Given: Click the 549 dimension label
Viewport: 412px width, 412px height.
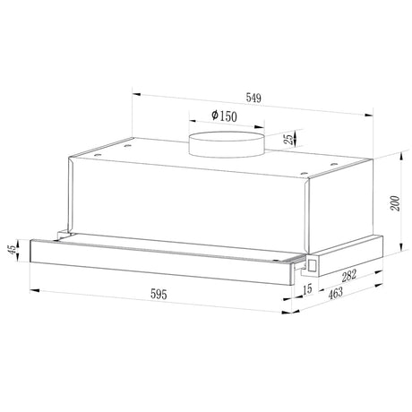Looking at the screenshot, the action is point(253,98).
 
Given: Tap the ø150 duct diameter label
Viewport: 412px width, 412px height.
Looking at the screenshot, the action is point(224,116).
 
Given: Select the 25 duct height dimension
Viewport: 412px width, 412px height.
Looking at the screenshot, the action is point(289,139).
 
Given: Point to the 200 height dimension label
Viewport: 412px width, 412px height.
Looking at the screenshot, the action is point(395,203).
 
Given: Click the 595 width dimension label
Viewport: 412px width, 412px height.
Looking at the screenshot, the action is point(159,295).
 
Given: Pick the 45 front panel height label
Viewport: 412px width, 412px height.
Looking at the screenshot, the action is point(13,250).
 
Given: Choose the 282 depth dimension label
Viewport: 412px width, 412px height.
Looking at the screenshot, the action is point(349,276).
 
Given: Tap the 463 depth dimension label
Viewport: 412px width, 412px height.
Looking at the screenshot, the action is point(336,293).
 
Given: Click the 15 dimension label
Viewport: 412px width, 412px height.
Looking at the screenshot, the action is point(307,289).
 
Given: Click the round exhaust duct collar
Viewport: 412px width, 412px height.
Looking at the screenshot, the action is point(227,144).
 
